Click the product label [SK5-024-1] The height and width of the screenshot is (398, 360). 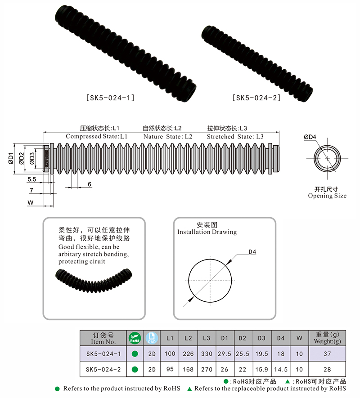coord(110,97)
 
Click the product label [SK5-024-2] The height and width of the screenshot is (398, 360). coord(256,97)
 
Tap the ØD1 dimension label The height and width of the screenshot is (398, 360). coord(10,159)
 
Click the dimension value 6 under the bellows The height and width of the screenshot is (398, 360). coord(90,184)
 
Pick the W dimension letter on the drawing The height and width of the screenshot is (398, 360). coord(31,203)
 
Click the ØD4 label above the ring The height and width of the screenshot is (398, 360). coord(310,137)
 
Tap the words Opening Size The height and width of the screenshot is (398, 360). coord(327,196)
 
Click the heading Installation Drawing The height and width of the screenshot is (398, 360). coord(207,232)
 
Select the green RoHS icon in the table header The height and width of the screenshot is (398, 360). coord(134,338)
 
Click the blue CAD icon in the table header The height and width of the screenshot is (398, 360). coord(152,338)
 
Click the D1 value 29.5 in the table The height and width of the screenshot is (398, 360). coord(225,354)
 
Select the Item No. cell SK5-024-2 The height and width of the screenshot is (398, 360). coord(103,370)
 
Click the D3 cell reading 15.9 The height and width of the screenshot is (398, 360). coord(261,370)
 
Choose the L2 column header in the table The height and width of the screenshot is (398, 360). coord(188,338)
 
